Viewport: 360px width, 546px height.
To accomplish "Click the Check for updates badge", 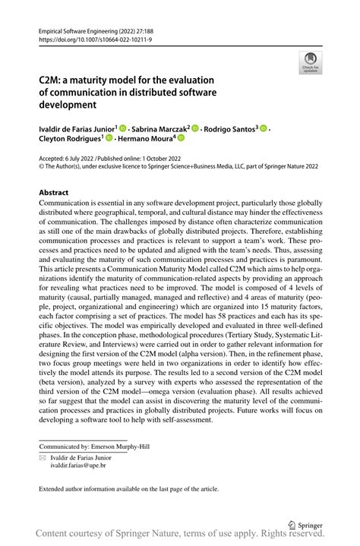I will tap(309, 62).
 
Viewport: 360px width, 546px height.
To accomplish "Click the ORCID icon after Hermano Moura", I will tap(182, 138).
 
